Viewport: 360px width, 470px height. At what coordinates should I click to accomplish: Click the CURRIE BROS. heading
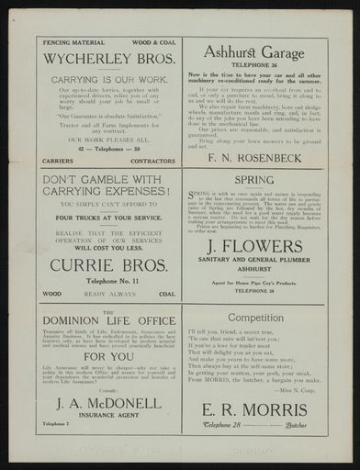point(108,263)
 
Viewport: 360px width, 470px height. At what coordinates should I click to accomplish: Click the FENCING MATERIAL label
point(67,41)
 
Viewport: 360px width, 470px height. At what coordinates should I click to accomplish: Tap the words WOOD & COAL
point(153,41)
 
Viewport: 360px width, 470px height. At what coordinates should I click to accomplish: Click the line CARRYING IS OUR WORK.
point(108,79)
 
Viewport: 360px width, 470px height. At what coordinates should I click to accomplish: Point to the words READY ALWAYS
point(108,295)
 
